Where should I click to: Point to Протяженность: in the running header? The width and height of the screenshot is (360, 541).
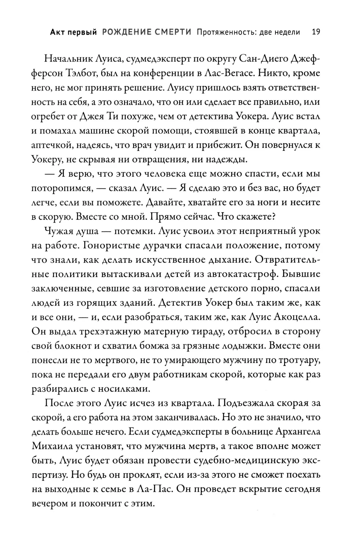[x=227, y=32]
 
